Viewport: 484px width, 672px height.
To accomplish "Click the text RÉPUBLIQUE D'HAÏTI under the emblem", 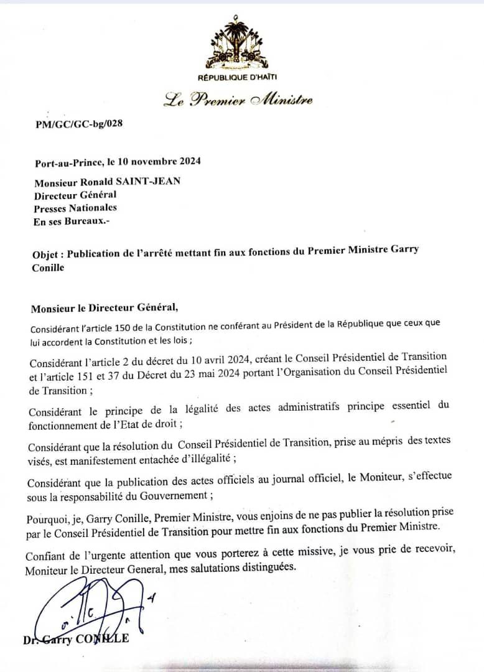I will click(237, 77).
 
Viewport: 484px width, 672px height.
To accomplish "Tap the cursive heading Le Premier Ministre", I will click(238, 100).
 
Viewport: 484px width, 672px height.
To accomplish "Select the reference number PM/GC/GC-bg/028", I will click(79, 123).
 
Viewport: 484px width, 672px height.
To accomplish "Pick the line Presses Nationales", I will click(76, 208).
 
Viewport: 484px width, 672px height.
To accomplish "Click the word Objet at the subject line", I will click(47, 254).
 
